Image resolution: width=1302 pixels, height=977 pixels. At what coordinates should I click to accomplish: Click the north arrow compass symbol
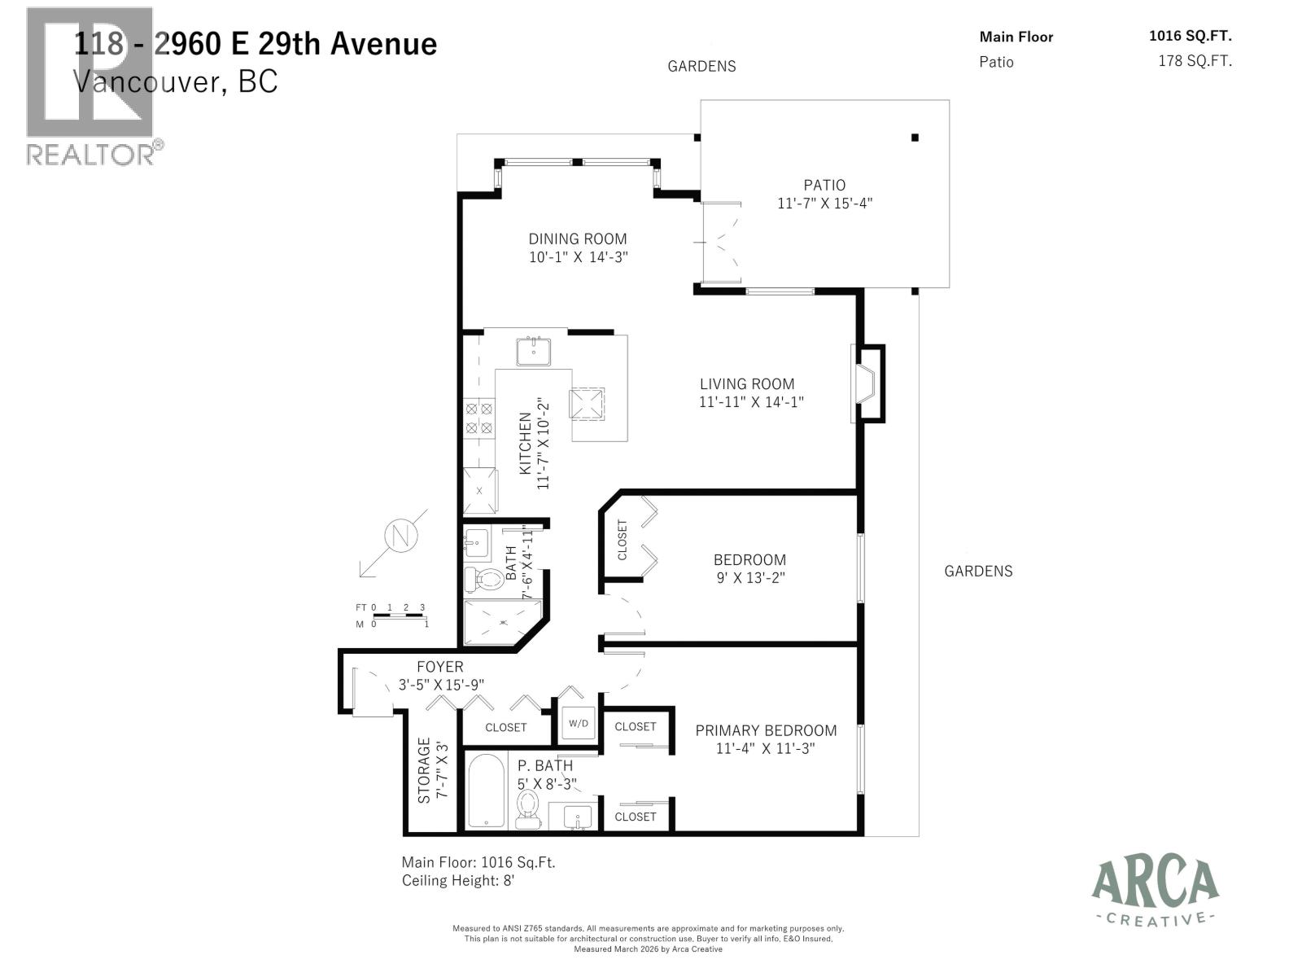[x=400, y=537]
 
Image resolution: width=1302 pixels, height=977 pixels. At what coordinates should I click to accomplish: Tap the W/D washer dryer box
[x=579, y=723]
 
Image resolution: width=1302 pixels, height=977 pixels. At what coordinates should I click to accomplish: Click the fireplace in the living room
[x=867, y=383]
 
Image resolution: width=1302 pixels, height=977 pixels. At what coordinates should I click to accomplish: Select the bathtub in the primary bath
[x=486, y=790]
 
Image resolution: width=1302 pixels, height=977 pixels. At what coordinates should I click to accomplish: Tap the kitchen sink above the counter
[x=533, y=352]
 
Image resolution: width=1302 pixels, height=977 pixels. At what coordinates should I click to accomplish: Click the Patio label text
[x=824, y=185]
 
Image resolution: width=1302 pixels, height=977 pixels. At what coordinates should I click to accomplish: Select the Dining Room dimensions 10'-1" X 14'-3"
[x=578, y=257]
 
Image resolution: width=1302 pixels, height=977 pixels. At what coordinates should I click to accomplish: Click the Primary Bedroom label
[x=765, y=730]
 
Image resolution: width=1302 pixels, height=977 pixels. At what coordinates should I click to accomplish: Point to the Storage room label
[x=424, y=770]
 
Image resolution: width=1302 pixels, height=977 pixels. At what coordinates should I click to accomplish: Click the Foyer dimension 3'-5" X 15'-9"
[x=441, y=685]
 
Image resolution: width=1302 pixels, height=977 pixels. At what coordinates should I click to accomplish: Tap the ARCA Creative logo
[x=1155, y=892]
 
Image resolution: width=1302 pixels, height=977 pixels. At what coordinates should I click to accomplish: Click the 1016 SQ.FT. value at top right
[x=1190, y=36]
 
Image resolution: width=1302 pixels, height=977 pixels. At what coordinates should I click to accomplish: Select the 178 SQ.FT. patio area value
[x=1195, y=61]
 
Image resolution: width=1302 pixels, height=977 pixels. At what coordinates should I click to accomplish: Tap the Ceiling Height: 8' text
[x=460, y=880]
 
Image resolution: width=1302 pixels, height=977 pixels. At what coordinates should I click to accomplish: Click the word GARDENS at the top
[x=701, y=67]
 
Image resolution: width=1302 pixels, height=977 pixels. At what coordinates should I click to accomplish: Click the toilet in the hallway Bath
[x=487, y=580]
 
